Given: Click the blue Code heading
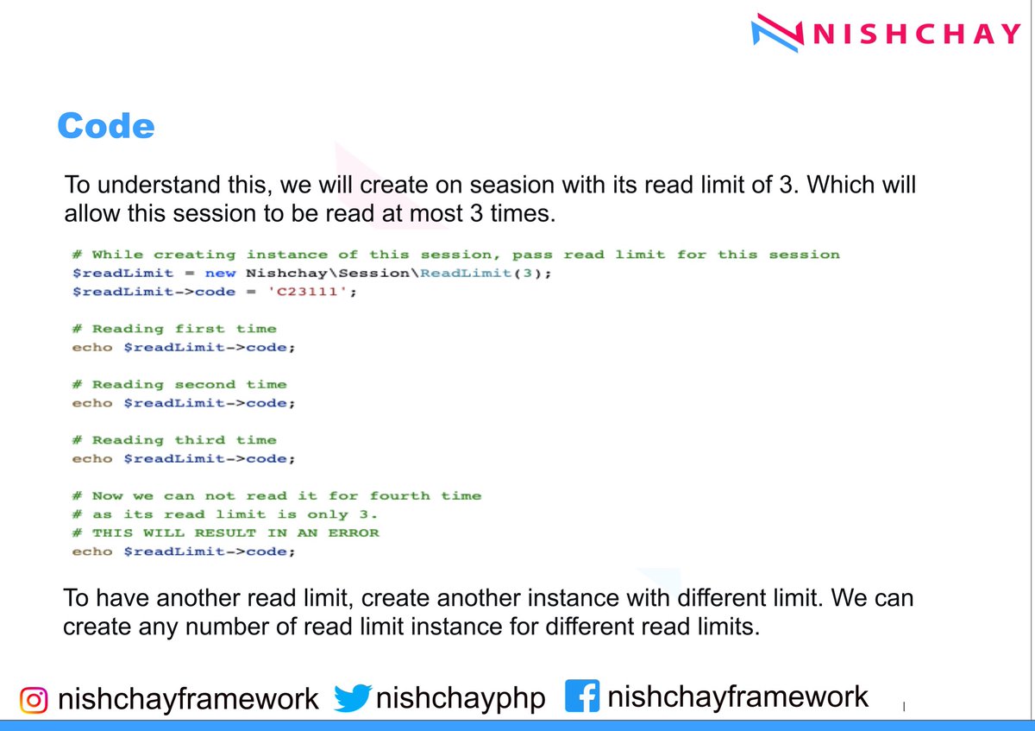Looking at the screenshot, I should (x=105, y=126).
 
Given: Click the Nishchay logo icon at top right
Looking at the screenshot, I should (x=777, y=34).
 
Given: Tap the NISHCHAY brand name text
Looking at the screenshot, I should (x=916, y=35).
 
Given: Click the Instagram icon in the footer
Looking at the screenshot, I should (x=34, y=698).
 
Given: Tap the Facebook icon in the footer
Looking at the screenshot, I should (x=582, y=696).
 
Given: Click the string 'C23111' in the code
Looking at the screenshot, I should (x=311, y=292).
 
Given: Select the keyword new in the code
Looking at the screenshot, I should (x=220, y=273).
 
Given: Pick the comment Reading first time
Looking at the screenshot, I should (x=184, y=329).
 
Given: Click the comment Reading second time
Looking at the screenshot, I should (x=189, y=385).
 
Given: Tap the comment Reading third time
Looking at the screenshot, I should (x=184, y=440).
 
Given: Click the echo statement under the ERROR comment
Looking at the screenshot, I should (x=184, y=551).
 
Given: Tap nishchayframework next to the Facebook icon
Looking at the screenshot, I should (x=737, y=696).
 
